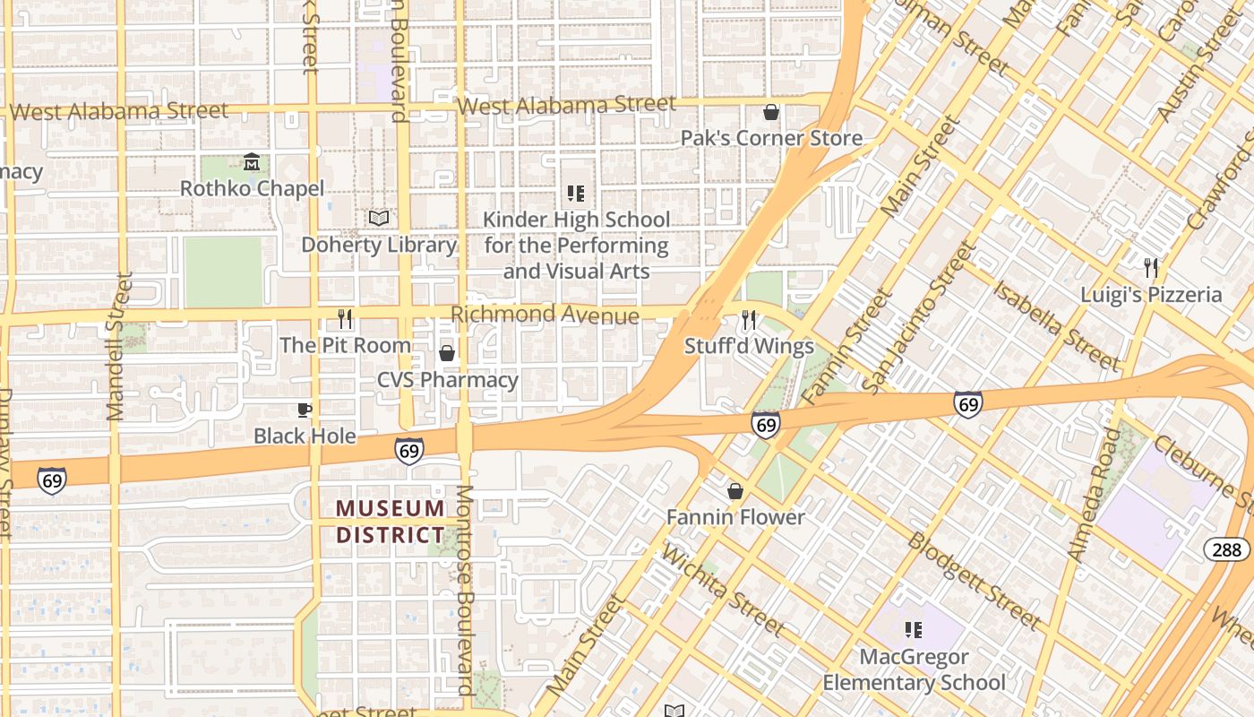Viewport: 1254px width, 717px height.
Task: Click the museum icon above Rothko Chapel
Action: point(252,162)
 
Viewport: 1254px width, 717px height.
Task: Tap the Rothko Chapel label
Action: point(252,188)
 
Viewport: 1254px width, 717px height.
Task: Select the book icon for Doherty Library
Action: point(379,218)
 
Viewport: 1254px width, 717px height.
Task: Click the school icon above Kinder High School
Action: point(576,193)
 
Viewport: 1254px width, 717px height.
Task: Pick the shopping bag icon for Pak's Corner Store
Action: point(770,112)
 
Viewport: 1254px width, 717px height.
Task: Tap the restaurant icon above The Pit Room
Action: point(345,318)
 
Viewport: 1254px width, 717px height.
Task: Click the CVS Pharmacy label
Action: point(447,380)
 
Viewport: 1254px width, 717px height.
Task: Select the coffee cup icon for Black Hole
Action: point(305,410)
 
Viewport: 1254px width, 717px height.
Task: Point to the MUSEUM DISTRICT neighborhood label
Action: point(391,522)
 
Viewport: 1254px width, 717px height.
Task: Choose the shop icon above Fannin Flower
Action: point(735,491)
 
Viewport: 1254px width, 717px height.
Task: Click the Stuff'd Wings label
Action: point(749,346)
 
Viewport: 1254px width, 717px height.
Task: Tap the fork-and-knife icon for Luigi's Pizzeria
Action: point(1151,267)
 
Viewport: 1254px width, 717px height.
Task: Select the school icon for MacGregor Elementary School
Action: point(914,630)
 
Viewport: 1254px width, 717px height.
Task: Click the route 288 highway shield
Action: point(1225,549)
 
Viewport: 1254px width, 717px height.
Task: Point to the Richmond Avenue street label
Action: point(545,315)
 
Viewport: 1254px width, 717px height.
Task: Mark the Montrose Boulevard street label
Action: point(465,590)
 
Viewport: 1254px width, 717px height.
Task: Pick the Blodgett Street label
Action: point(974,580)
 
